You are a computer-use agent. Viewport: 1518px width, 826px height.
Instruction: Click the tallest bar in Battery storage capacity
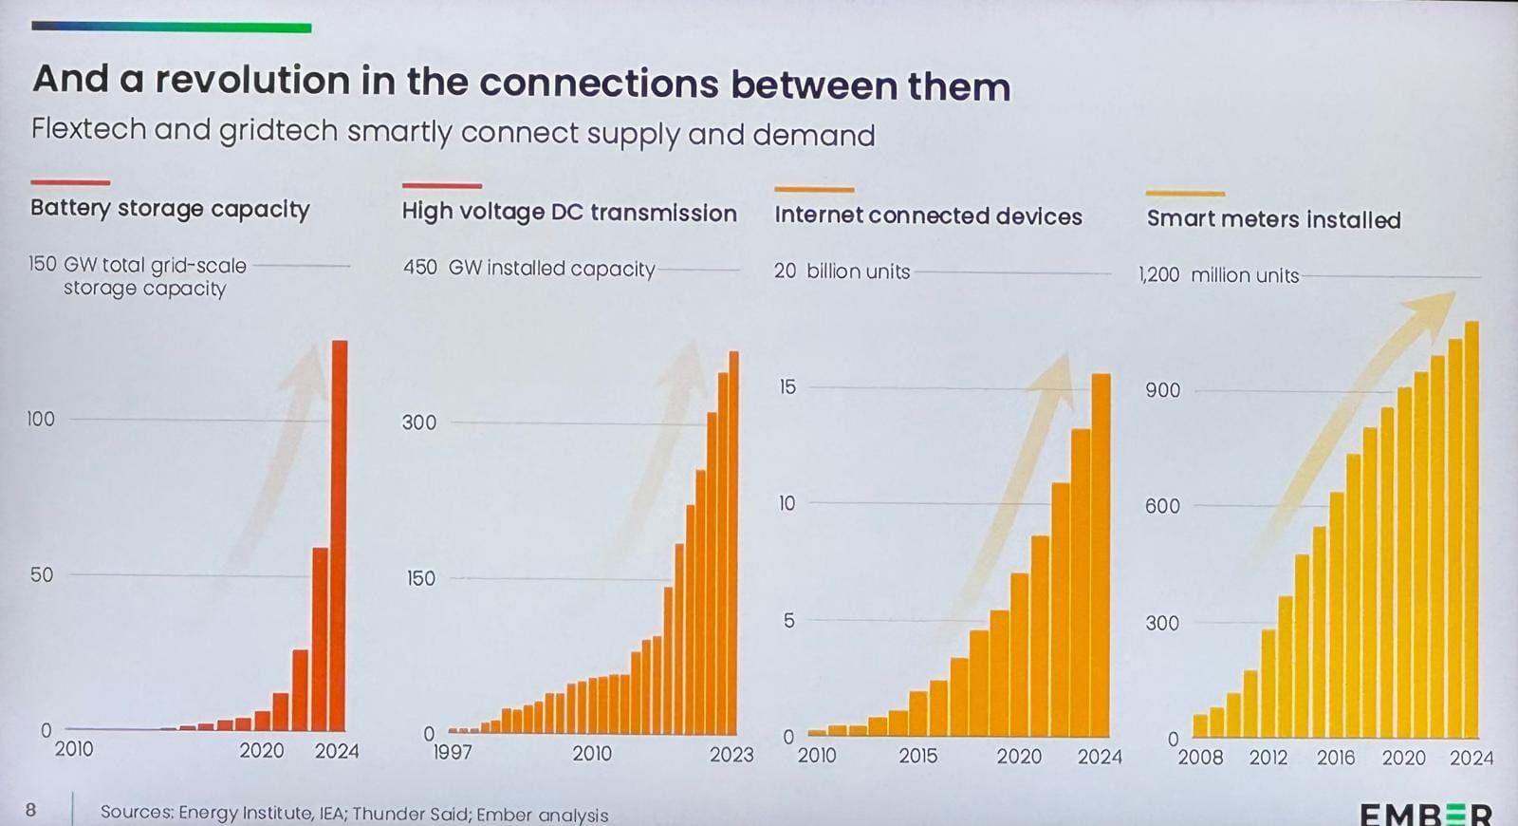coord(338,536)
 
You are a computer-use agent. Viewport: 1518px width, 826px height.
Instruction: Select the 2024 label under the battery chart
coord(337,751)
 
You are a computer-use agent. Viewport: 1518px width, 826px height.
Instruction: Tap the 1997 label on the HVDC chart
coord(452,753)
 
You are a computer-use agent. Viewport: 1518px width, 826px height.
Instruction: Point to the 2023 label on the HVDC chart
coord(731,755)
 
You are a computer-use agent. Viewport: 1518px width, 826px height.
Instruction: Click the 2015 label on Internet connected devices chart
coord(917,757)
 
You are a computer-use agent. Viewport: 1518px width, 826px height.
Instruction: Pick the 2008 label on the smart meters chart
coord(1200,758)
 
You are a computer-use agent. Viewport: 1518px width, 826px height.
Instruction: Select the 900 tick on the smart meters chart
coord(1162,390)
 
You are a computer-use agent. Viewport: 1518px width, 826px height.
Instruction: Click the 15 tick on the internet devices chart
coord(787,386)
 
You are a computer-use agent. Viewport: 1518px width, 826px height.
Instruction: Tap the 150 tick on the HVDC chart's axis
coord(420,578)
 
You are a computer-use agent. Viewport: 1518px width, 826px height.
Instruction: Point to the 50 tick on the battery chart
coord(42,574)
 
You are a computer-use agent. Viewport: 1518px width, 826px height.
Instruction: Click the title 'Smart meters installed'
coord(1273,219)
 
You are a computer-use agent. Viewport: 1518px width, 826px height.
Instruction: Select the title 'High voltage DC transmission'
coord(569,213)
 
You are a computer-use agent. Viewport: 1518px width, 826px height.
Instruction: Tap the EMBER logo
coord(1425,814)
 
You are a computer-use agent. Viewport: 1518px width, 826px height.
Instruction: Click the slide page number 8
coord(31,810)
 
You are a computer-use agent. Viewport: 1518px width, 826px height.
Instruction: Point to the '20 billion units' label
coord(842,272)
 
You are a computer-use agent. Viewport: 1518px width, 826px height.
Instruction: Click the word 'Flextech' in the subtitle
coord(88,129)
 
